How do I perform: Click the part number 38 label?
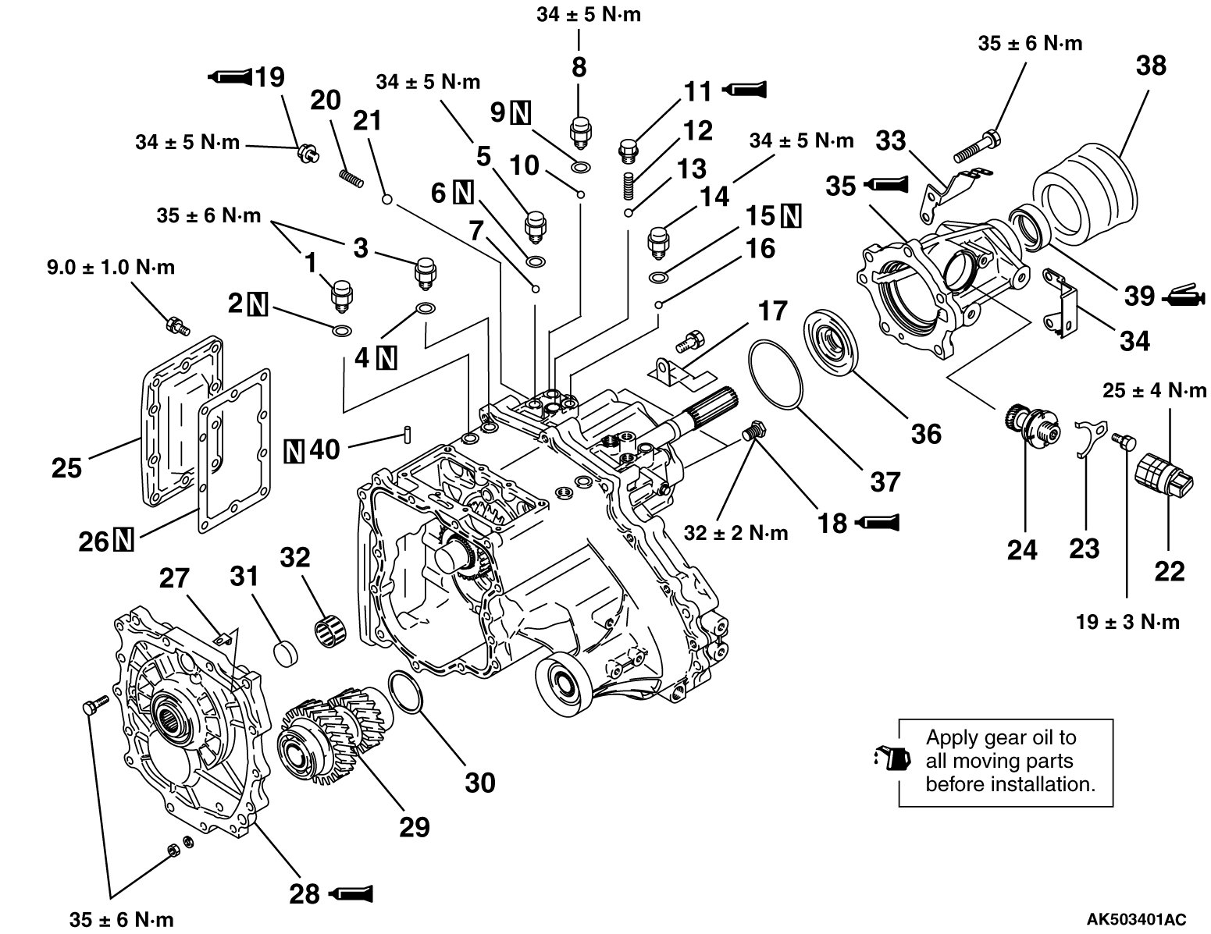tap(1151, 66)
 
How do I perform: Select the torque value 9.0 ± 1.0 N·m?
tap(109, 268)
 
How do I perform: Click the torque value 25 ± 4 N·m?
tap(1154, 390)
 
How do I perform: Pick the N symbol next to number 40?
tap(294, 449)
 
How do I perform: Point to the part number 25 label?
tap(67, 468)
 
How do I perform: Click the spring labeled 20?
tap(353, 179)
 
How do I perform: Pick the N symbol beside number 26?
tap(123, 539)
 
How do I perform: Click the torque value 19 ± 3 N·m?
tap(1127, 622)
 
